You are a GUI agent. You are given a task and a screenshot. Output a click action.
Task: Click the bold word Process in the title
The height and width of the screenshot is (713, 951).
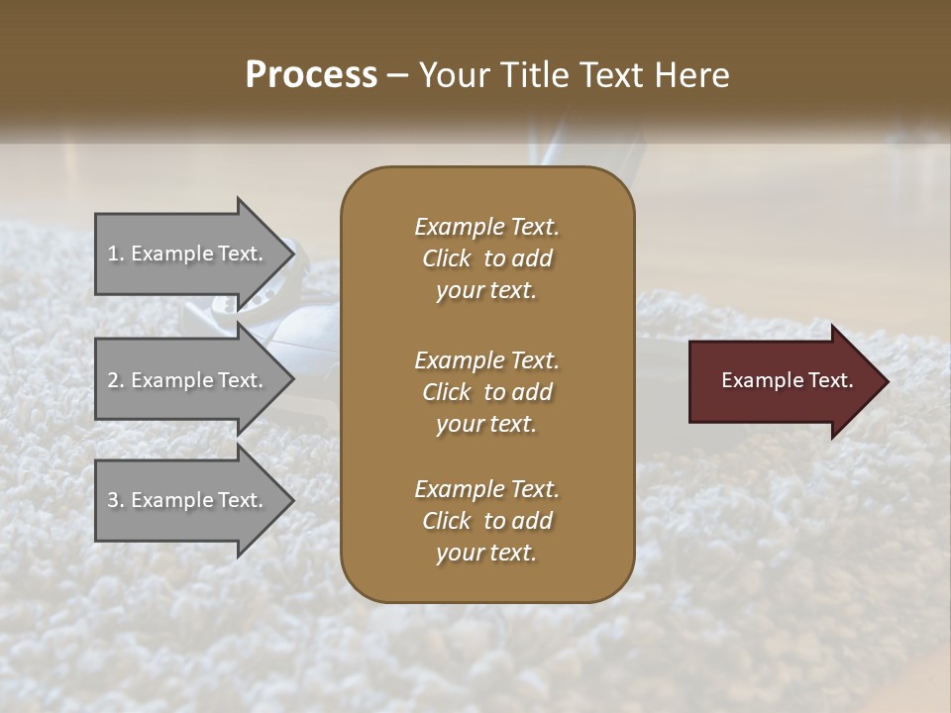pos(311,74)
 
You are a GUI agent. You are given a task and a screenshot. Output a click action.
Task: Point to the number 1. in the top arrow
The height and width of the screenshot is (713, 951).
pos(116,254)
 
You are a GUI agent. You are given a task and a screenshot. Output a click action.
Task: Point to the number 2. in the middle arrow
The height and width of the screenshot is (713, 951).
pos(116,380)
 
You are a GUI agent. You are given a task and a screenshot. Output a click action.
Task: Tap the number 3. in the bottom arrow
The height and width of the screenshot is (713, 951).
pos(116,500)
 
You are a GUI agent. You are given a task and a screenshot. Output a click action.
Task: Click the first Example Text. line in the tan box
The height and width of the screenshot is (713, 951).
pos(486,227)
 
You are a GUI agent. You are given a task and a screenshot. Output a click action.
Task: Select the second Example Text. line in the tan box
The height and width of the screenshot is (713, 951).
pos(486,359)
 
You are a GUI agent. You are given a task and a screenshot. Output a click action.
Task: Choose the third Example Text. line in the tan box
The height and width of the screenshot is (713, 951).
pos(486,489)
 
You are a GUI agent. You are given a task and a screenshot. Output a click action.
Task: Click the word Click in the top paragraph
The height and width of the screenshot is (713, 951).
pos(447,258)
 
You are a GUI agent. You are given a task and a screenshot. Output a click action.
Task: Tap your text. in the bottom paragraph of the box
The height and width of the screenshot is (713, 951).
pos(486,554)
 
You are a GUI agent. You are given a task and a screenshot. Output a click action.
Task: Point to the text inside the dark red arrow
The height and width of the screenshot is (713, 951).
pos(788,381)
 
